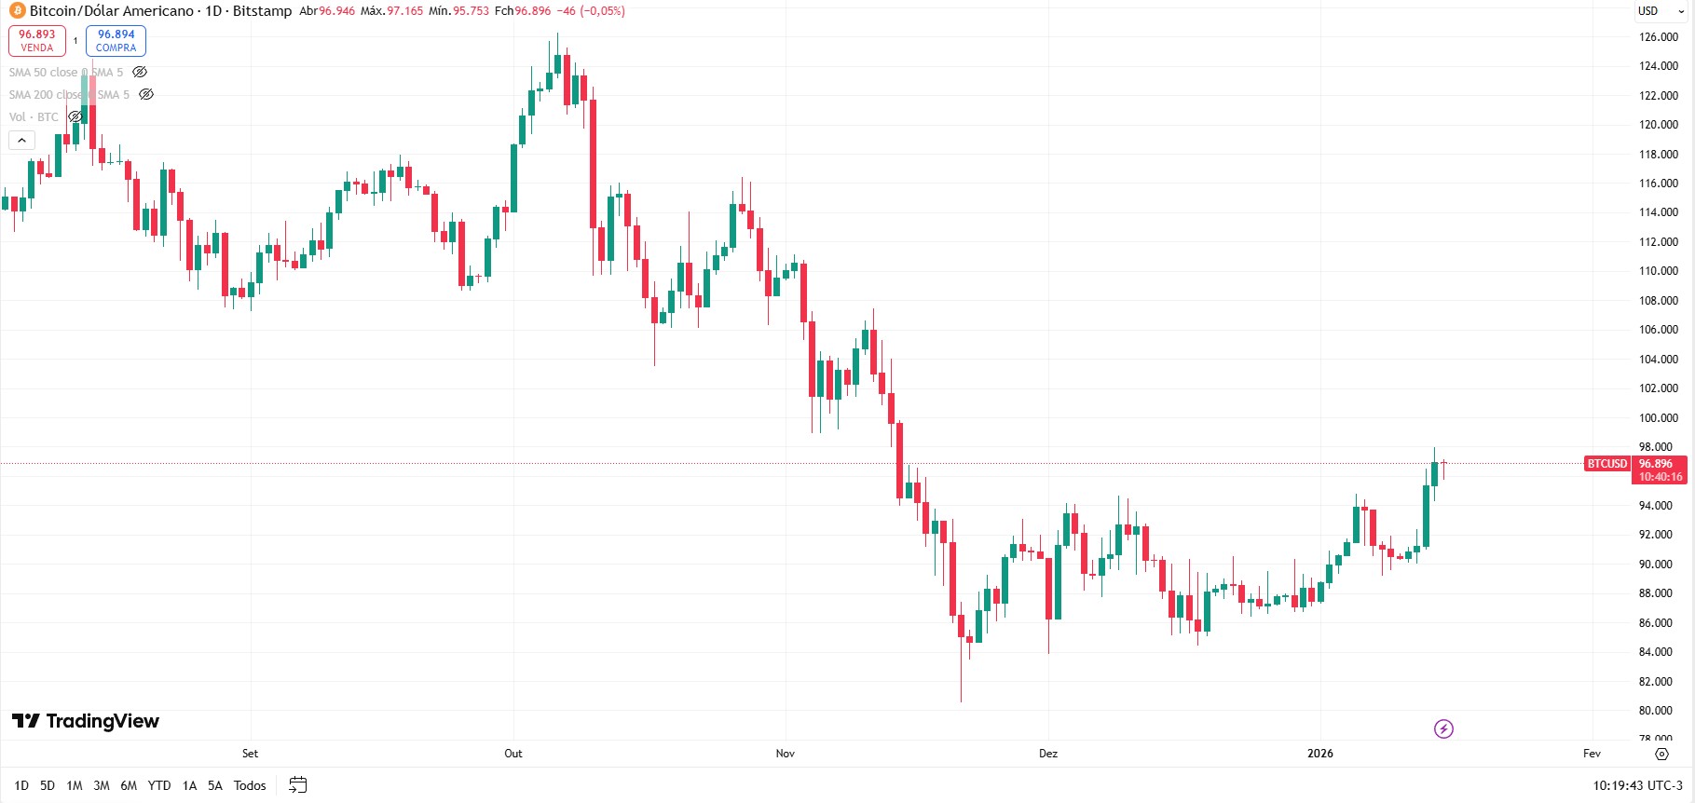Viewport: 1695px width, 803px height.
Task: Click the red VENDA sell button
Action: [x=37, y=40]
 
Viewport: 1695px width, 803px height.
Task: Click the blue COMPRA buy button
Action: [x=116, y=40]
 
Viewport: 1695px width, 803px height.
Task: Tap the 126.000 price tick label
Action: [x=1658, y=37]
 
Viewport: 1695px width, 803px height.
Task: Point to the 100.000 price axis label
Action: [x=1658, y=418]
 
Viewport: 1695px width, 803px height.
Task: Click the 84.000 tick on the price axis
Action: [x=1658, y=652]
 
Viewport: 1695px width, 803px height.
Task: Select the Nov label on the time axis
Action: [x=786, y=754]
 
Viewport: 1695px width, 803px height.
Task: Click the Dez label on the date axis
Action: [x=1048, y=754]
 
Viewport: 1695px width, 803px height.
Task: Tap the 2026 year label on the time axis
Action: [x=1319, y=754]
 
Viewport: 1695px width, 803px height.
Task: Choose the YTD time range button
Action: [x=159, y=785]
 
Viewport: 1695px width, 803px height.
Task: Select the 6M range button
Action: [x=129, y=785]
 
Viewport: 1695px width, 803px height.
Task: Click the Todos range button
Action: [x=250, y=785]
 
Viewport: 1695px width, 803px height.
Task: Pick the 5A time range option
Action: [x=215, y=785]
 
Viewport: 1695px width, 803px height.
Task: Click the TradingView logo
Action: [x=86, y=721]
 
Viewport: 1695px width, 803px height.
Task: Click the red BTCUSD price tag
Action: [x=1607, y=464]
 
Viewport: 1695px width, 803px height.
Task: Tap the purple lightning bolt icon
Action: [x=1443, y=728]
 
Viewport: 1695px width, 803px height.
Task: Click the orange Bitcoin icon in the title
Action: [x=17, y=11]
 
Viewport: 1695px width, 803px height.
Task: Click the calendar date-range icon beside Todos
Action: [x=297, y=785]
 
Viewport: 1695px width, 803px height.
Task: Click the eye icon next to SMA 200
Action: [x=146, y=94]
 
